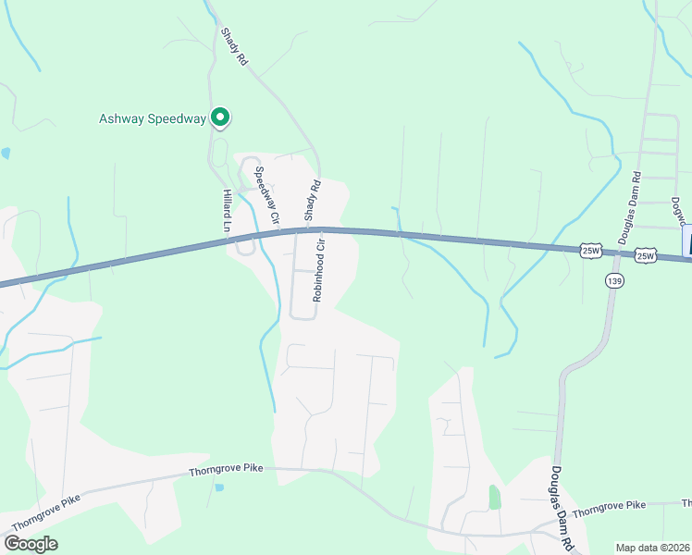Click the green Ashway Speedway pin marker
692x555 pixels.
[220, 117]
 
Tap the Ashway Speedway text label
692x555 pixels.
[153, 118]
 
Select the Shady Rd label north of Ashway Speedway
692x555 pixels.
[234, 45]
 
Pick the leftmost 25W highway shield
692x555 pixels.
[591, 250]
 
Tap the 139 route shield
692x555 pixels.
[613, 278]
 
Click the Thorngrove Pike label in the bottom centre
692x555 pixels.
[227, 469]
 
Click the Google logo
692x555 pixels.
[31, 543]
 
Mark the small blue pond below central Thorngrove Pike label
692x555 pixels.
[218, 486]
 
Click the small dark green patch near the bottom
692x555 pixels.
[494, 497]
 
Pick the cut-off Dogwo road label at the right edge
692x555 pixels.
[680, 209]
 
